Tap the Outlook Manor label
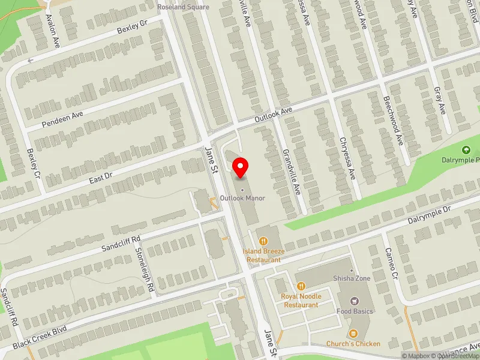[x=242, y=197]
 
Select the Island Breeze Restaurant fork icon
[x=262, y=241]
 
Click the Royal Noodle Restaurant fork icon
[x=301, y=286]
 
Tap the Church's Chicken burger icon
[x=353, y=334]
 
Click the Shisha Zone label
[x=352, y=278]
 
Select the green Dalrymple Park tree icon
[x=465, y=150]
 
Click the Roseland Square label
[x=183, y=7]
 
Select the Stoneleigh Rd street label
[x=145, y=270]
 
